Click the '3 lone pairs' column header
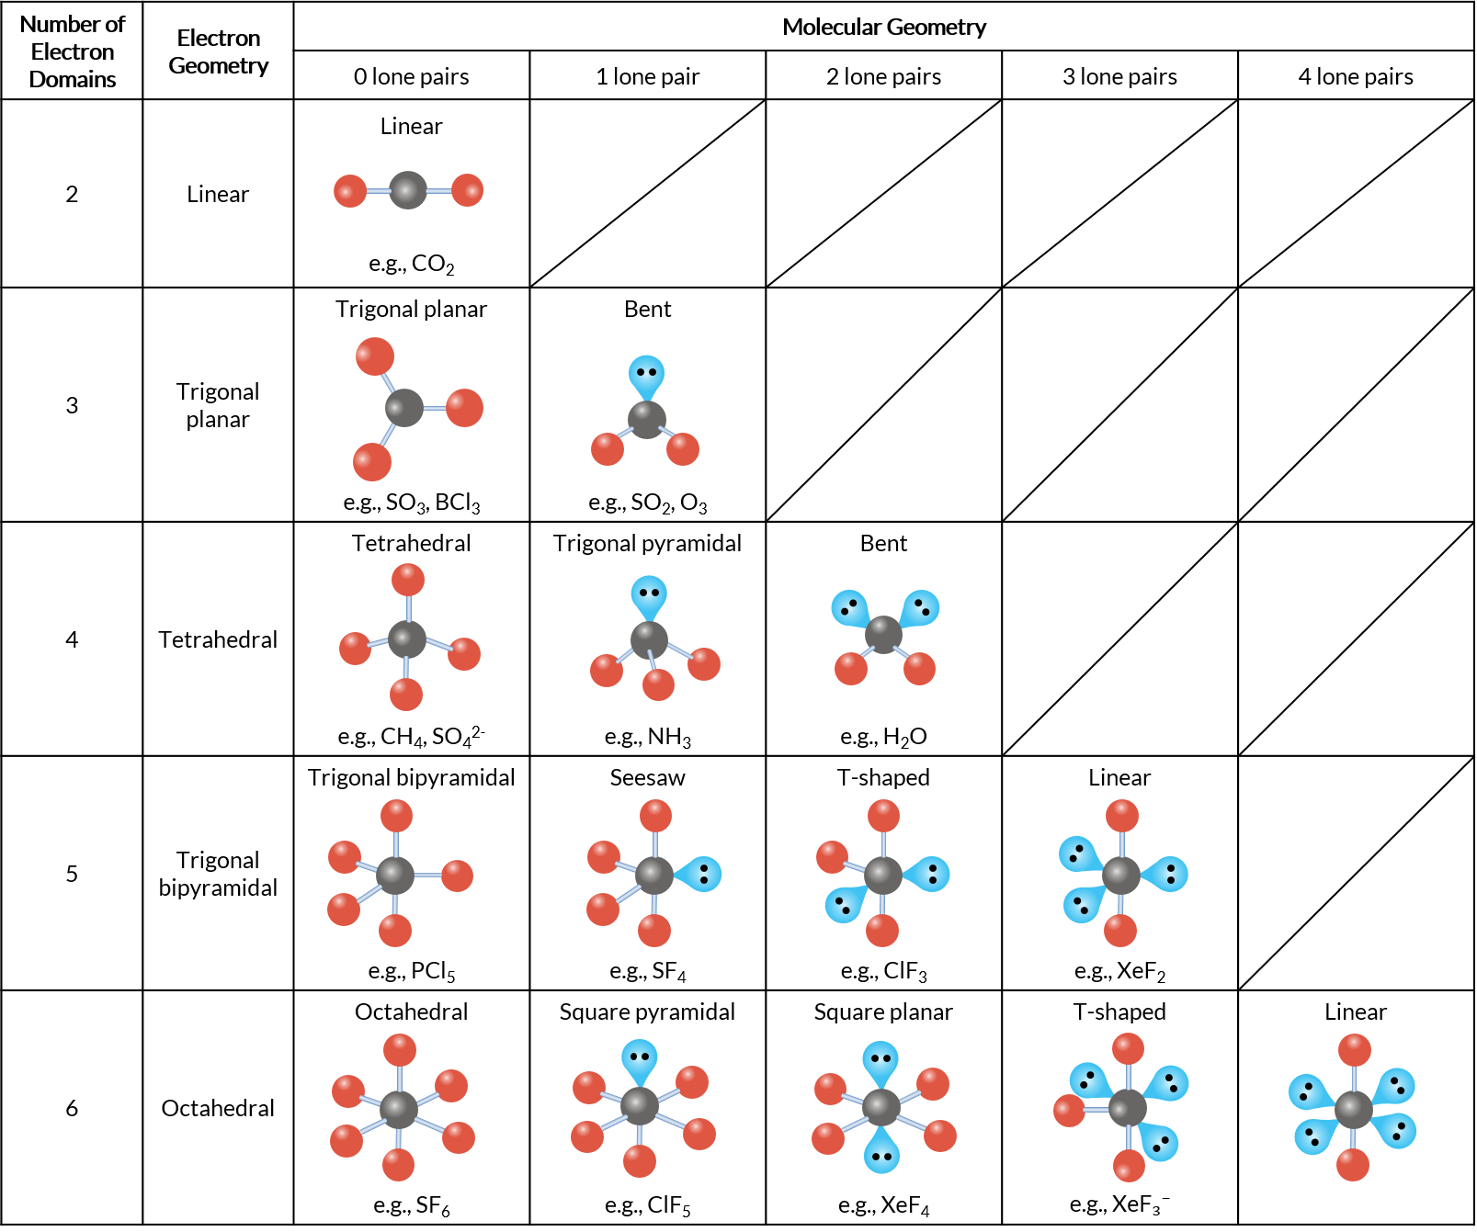[1119, 76]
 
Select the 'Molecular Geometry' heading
[883, 27]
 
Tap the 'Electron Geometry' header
[218, 51]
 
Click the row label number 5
[72, 874]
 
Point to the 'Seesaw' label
[647, 777]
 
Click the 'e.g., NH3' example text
[647, 737]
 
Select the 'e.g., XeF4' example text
[883, 1205]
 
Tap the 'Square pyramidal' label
[647, 1012]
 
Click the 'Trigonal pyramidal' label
[647, 543]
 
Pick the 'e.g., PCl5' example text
[411, 971]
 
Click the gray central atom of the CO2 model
[408, 190]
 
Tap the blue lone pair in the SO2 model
[646, 374]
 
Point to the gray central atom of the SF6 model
[399, 1109]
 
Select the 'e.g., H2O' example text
[883, 737]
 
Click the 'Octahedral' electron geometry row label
[218, 1108]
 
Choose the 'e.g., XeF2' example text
[1119, 971]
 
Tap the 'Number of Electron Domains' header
[72, 51]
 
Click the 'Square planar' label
[883, 1012]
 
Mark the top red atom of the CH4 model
[408, 580]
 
